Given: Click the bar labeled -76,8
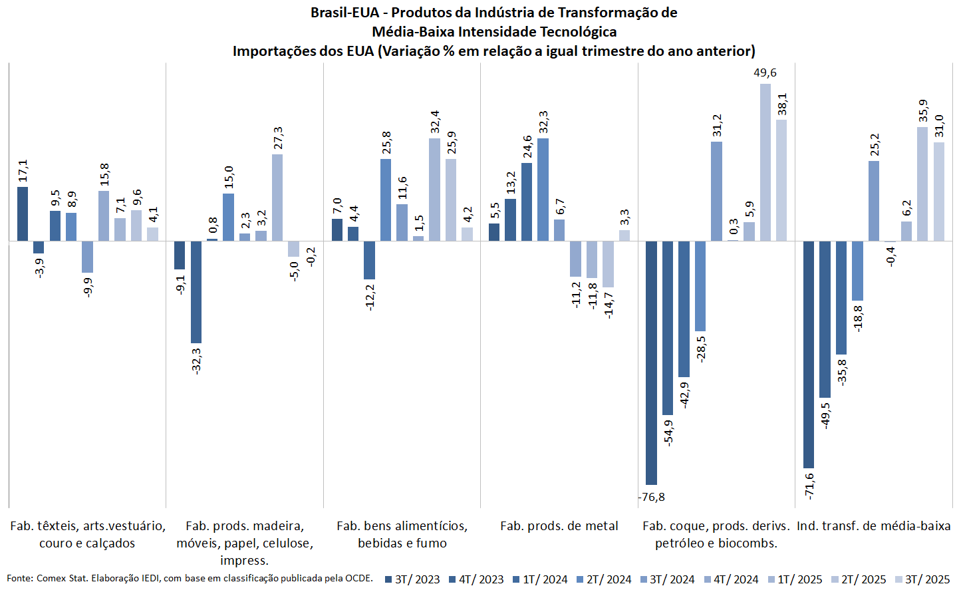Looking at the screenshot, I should pyautogui.click(x=651, y=363).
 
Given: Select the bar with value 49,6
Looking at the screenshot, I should pyautogui.click(x=765, y=162).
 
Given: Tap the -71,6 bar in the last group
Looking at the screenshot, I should pyautogui.click(x=809, y=355).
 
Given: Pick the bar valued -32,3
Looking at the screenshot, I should pyautogui.click(x=196, y=292).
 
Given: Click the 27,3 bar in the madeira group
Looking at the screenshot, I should pyautogui.click(x=277, y=198).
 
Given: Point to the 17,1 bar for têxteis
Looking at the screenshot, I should pyautogui.click(x=23, y=214).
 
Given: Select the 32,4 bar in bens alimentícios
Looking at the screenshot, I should pyautogui.click(x=434, y=190).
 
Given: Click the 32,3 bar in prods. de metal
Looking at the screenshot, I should pyautogui.click(x=543, y=190).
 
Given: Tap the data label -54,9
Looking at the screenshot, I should pyautogui.click(x=668, y=432).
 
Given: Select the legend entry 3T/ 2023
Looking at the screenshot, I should pyautogui.click(x=412, y=579).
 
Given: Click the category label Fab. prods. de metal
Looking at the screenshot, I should pyautogui.click(x=559, y=526).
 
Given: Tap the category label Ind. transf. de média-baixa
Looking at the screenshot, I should pyautogui.click(x=873, y=526).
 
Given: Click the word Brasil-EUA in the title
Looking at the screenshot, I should pyautogui.click(x=344, y=13).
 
